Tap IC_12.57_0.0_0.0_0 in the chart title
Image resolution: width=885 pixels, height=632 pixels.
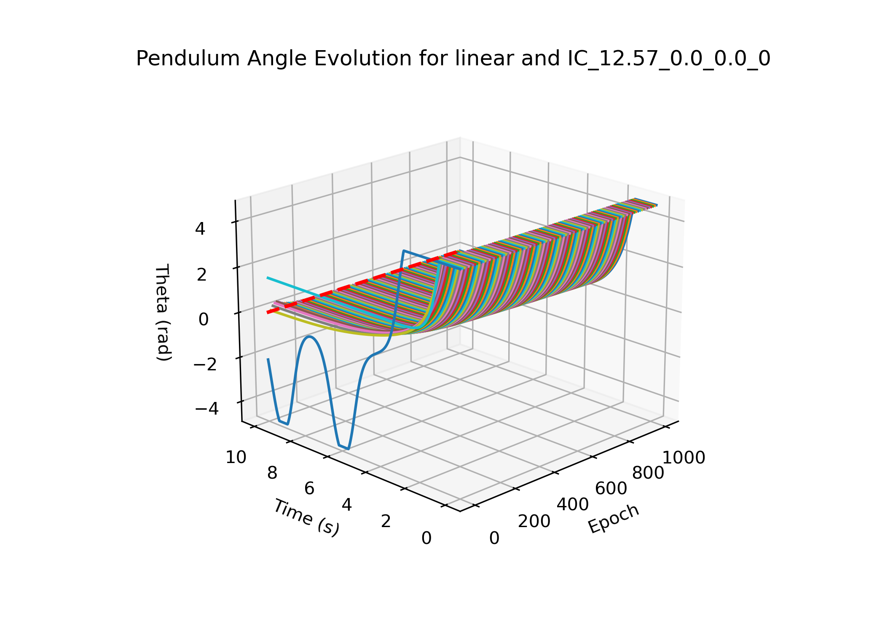[x=669, y=59]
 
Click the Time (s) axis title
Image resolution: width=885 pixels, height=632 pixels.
[x=306, y=518]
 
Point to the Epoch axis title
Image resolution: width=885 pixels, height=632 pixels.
[x=614, y=519]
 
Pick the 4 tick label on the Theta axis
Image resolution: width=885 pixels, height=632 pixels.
[x=200, y=229]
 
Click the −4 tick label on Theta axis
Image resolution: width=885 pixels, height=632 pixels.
[x=206, y=408]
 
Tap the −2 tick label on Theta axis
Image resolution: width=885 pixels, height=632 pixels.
[x=205, y=364]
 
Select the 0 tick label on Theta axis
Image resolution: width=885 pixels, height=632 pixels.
[x=203, y=319]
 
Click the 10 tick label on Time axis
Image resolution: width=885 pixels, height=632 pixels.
[x=236, y=457]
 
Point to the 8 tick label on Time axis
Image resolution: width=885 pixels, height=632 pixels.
[x=272, y=473]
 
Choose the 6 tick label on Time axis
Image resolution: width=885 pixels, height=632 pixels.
[x=309, y=489]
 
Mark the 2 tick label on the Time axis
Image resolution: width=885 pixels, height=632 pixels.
[x=386, y=521]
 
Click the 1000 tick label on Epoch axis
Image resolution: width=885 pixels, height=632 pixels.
[x=684, y=458]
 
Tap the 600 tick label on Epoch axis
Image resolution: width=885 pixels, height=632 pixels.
[x=611, y=489]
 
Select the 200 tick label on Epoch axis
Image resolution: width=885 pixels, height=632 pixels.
[x=534, y=521]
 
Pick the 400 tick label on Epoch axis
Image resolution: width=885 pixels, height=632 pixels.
[x=573, y=504]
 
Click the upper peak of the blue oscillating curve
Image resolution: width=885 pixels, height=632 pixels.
[x=310, y=337]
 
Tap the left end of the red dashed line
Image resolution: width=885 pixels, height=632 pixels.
[x=268, y=313]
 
